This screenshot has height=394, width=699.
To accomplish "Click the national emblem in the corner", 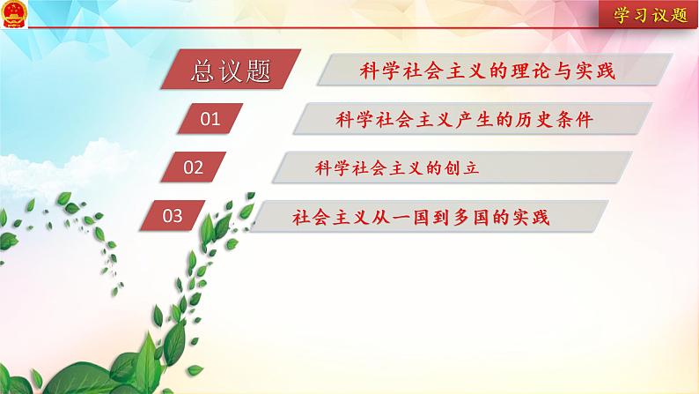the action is pyautogui.click(x=14, y=14).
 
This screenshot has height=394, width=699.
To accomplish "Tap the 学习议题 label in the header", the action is pyautogui.click(x=651, y=15).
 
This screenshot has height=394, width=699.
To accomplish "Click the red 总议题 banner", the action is pyautogui.click(x=231, y=69).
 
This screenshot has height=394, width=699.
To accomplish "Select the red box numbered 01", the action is pyautogui.click(x=210, y=119).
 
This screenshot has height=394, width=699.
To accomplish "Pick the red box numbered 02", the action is pyautogui.click(x=193, y=167).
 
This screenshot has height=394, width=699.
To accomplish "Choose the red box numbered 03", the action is pyautogui.click(x=173, y=216).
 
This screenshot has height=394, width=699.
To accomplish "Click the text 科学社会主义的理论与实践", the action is pyautogui.click(x=487, y=71).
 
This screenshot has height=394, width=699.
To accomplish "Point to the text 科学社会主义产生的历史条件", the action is pyautogui.click(x=464, y=120).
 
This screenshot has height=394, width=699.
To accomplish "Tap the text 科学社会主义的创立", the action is pyautogui.click(x=397, y=168).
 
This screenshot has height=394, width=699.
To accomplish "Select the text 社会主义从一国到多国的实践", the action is pyautogui.click(x=421, y=218).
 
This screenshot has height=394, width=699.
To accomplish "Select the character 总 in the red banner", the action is pyautogui.click(x=203, y=71).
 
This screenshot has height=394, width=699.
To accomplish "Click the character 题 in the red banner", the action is pyautogui.click(x=258, y=71).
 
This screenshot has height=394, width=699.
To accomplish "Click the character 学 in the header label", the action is pyautogui.click(x=622, y=15).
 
